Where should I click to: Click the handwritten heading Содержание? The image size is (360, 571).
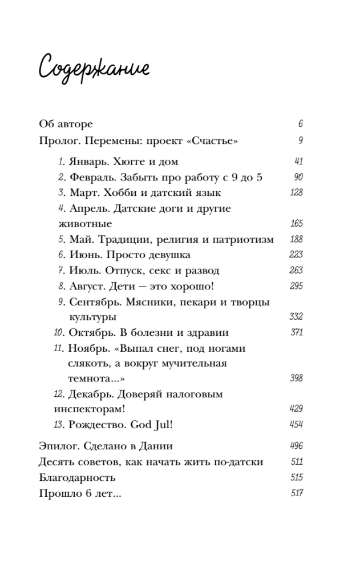click(x=94, y=68)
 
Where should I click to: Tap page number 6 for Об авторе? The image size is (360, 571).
click(x=300, y=124)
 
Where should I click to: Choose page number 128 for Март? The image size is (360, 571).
click(x=296, y=192)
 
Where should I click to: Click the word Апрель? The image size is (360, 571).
click(x=90, y=208)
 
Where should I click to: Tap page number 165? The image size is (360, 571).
click(x=296, y=223)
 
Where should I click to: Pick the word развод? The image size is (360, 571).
click(x=200, y=270)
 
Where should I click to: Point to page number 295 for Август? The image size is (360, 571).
click(x=296, y=285)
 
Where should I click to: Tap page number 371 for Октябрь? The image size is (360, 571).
click(x=296, y=332)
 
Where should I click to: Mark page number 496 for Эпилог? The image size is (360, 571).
click(x=296, y=446)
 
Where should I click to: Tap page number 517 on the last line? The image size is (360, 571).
click(x=296, y=493)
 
